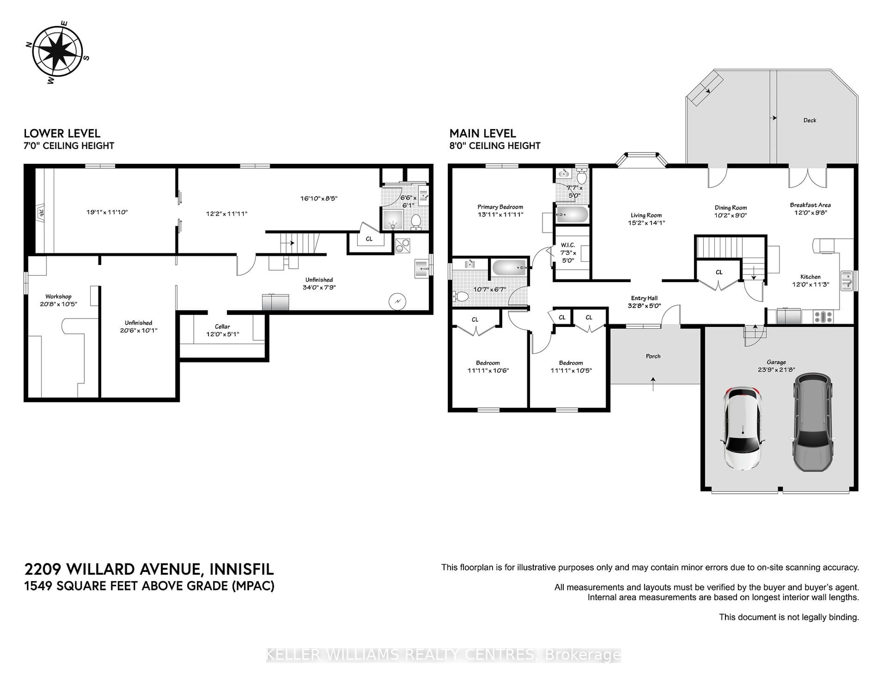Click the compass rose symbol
coord(57,52)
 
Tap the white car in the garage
coord(743,428)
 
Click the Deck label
coord(809,120)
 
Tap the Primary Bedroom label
coord(500,207)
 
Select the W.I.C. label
coord(568,245)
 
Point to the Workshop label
coord(58,297)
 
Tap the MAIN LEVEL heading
coord(483,134)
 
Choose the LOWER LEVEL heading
coord(62,134)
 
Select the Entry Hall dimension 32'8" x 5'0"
coord(644,306)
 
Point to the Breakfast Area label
coord(810,205)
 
